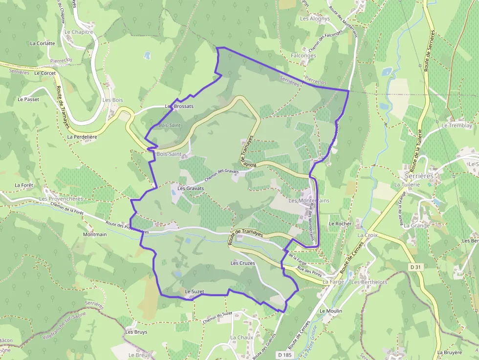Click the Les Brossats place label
(179, 106)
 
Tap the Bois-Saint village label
(169, 154)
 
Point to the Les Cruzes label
(243, 263)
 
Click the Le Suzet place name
(194, 292)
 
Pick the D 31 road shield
(415, 267)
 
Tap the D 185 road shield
(283, 355)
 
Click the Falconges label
(304, 56)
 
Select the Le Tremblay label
(457, 126)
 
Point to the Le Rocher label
(340, 224)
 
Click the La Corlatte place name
(43, 43)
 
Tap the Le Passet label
(28, 99)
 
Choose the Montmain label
(95, 234)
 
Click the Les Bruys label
(136, 332)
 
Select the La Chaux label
(242, 338)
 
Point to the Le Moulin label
(331, 311)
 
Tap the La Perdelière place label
(83, 137)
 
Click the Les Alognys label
(315, 19)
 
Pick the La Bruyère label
(450, 352)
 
